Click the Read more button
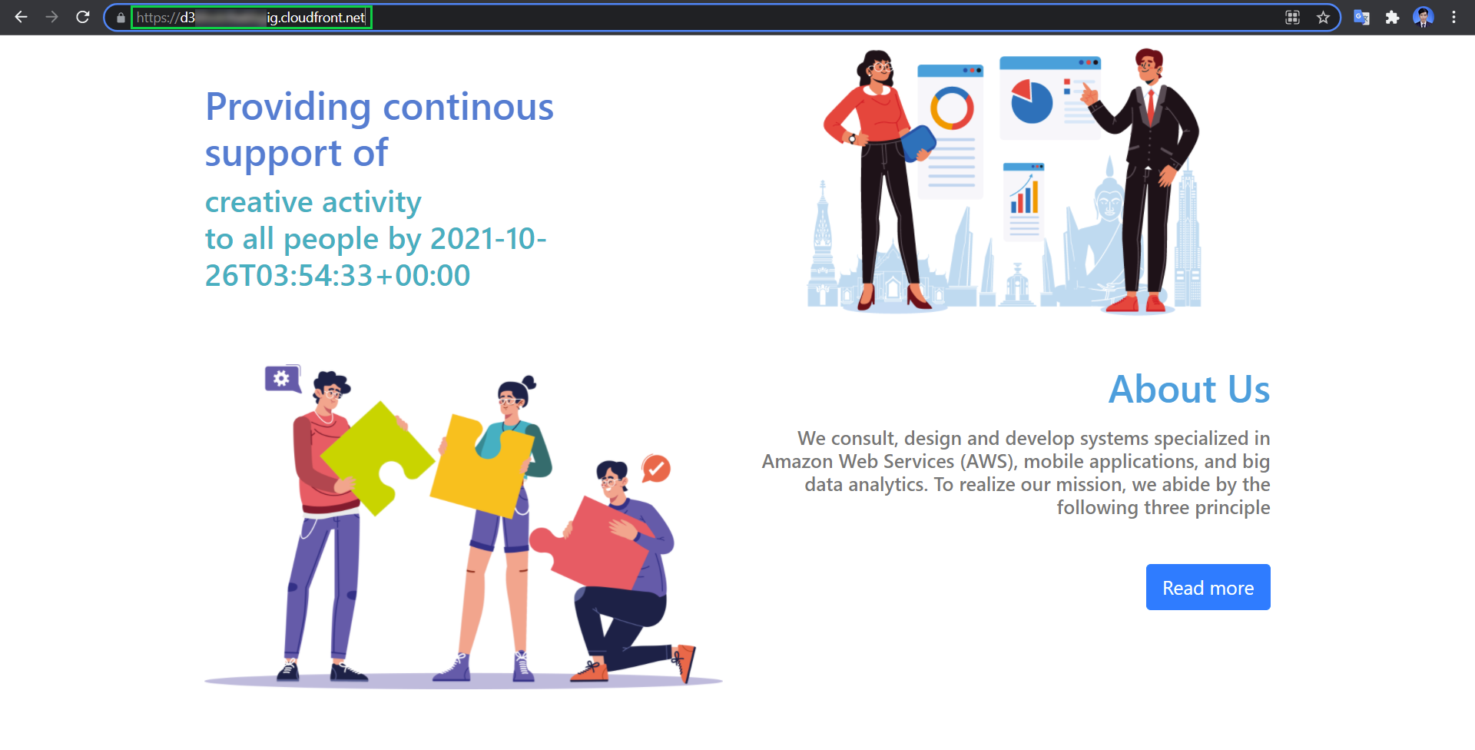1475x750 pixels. (1208, 587)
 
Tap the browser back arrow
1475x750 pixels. (21, 17)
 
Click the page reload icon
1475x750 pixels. (83, 17)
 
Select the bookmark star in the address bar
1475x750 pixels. (1323, 17)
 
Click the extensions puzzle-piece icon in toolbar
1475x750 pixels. (1392, 17)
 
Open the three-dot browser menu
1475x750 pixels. (1453, 17)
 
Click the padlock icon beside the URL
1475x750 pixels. (121, 18)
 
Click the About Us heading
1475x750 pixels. (1188, 389)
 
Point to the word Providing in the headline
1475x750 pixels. (288, 107)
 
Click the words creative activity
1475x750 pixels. (313, 202)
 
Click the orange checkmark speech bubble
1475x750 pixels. (656, 467)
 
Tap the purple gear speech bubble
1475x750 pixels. (282, 378)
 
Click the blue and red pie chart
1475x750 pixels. (1031, 102)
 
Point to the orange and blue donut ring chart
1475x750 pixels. (952, 108)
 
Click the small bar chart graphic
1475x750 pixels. (1024, 197)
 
